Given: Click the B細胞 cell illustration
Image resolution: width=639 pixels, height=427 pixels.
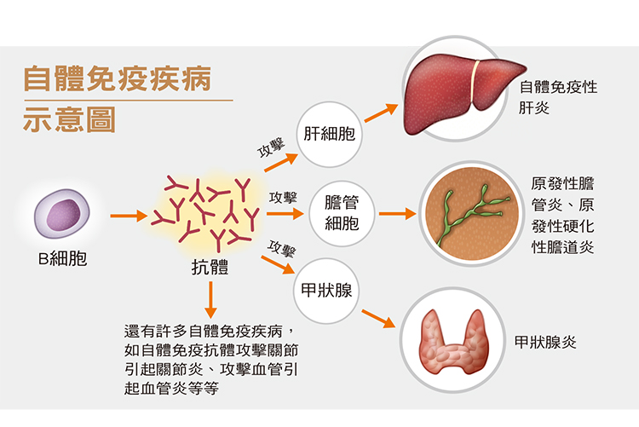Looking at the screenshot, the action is point(62,213).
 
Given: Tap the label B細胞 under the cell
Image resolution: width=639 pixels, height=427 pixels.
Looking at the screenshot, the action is point(62,258).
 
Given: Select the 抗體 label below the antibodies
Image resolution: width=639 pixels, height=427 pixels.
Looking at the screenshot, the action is point(210,267).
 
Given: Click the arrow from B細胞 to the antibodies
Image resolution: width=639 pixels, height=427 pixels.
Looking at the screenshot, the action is point(129,216).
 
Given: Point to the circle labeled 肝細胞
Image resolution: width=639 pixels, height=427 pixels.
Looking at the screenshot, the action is point(329,134).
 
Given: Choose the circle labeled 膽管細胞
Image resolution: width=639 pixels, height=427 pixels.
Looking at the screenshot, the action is point(342,213).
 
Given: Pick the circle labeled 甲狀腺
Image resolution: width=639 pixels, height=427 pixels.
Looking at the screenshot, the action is point(326,291).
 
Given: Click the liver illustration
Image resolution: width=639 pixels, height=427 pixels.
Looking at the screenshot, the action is point(463,94).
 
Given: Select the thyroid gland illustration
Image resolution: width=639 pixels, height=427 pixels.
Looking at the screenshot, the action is point(453,342).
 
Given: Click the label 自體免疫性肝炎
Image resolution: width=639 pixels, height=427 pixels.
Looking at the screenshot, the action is point(558,97).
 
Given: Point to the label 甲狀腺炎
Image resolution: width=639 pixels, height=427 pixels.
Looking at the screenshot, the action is point(545,342).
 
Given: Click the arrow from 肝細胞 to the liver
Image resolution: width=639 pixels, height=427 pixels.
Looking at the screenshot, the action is point(381,113).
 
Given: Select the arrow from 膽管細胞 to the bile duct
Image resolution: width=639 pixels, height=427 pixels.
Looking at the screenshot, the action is point(397,213).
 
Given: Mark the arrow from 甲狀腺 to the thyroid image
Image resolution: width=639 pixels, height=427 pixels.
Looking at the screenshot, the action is point(378,319).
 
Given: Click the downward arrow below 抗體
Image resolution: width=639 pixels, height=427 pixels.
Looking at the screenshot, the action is point(210,300).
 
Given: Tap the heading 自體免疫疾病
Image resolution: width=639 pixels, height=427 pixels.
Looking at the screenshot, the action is point(118,78).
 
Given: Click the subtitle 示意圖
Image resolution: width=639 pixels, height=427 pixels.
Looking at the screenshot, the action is point(69,119).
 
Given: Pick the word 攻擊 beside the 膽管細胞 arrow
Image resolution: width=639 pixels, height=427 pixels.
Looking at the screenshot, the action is point(283,198).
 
